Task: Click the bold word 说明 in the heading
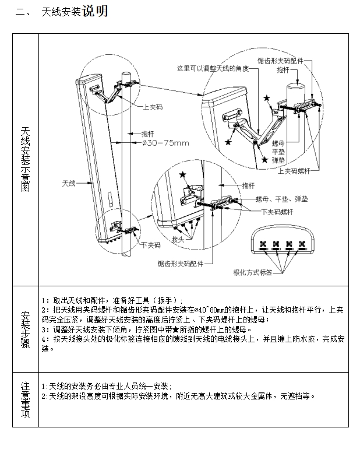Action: coord(94,12)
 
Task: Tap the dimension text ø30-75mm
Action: coord(166,142)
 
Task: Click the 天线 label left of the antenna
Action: coord(69,183)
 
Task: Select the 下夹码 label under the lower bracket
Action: coord(150,245)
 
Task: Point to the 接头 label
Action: coord(178,239)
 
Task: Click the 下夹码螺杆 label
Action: coord(277,212)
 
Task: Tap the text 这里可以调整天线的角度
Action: coord(213,68)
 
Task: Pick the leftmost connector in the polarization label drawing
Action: coord(263,244)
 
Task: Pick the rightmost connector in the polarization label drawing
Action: coord(302,244)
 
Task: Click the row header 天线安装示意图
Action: coord(25,160)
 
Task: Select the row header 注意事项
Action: coord(25,399)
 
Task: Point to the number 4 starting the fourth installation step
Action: coord(43,338)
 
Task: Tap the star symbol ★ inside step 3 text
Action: coord(170,329)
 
